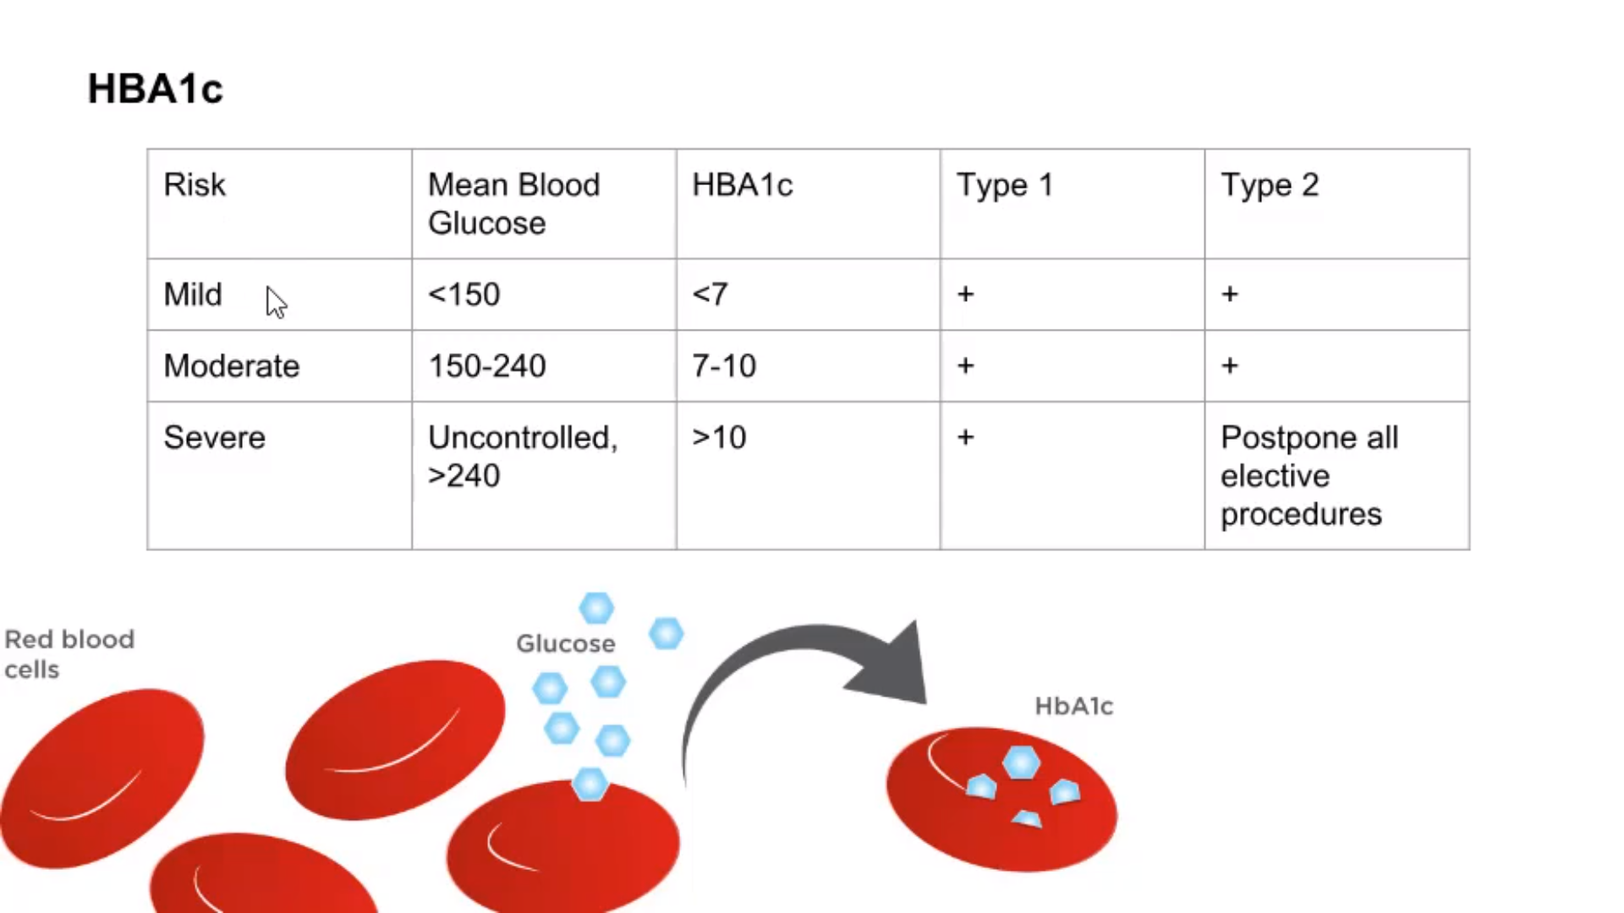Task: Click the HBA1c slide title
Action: pyautogui.click(x=156, y=89)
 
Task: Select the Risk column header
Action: pyautogui.click(x=195, y=184)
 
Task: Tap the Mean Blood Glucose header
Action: pyautogui.click(x=514, y=204)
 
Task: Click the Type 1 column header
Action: pyautogui.click(x=1005, y=185)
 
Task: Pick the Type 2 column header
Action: pyautogui.click(x=1270, y=185)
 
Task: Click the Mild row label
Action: pyautogui.click(x=193, y=294)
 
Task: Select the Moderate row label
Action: pyautogui.click(x=232, y=366)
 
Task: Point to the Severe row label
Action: pyautogui.click(x=215, y=437)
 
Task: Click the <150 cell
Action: pyautogui.click(x=464, y=294)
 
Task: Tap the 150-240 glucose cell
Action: pyautogui.click(x=487, y=366)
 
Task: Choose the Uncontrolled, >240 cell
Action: pyautogui.click(x=523, y=456)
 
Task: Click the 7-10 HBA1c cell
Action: pyautogui.click(x=724, y=366)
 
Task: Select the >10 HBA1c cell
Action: pyautogui.click(x=719, y=437)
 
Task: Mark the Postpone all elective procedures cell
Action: pyautogui.click(x=1309, y=476)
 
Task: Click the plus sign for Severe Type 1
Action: pyautogui.click(x=966, y=437)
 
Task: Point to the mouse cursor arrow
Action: pyautogui.click(x=275, y=302)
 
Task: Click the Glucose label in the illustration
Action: pyautogui.click(x=566, y=643)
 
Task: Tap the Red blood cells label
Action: pyautogui.click(x=69, y=654)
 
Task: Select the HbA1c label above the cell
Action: pyautogui.click(x=1074, y=706)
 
